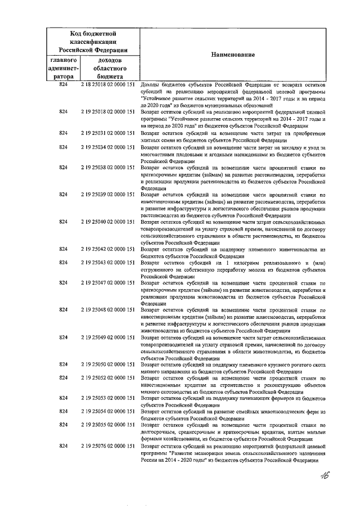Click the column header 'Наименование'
[233, 55]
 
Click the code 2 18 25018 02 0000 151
[107, 84]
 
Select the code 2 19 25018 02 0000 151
[107, 112]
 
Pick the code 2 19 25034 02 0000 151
[107, 147]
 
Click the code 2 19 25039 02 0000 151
[107, 195]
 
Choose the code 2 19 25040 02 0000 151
[107, 222]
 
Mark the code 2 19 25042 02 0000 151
[107, 249]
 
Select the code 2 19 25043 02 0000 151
[107, 263]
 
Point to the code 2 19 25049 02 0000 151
[107, 337]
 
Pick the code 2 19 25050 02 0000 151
[107, 365]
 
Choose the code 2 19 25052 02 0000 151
[107, 379]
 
